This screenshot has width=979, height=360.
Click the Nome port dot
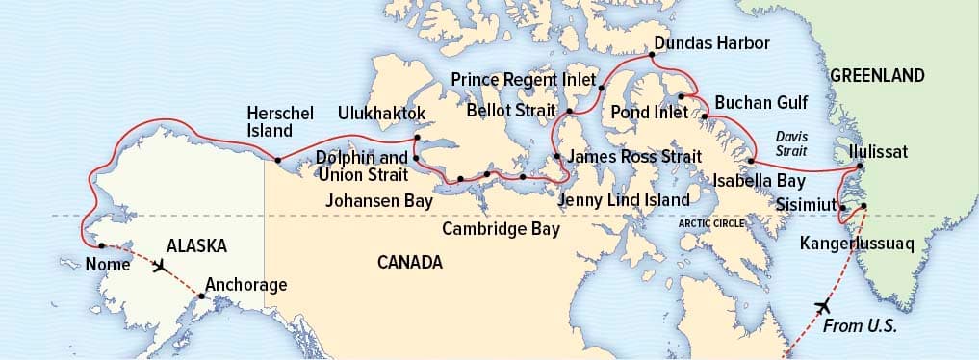pos(101,245)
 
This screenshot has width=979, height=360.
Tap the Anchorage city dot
pos(201,296)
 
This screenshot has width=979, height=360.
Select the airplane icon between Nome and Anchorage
pos(160,265)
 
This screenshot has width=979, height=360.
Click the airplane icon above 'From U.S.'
pos(822,306)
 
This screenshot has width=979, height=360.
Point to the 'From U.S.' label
pos(860,326)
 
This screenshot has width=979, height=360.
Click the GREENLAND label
pos(877,75)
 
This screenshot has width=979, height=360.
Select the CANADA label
pos(410,262)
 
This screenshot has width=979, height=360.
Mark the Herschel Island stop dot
pos(277,160)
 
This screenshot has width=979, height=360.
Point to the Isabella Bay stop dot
pos(751,161)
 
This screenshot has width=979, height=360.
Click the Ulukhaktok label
pos(381,114)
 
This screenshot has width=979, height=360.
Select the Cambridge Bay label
pos(501,230)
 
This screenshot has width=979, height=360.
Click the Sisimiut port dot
pos(842,207)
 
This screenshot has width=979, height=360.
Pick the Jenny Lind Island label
pos(624,200)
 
